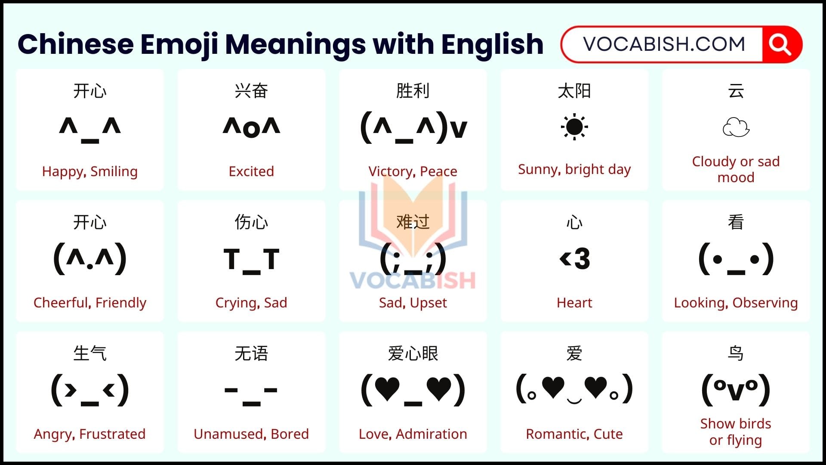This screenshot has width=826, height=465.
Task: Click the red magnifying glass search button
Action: coord(781,44)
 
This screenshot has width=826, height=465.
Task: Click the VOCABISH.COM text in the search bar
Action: coord(664,44)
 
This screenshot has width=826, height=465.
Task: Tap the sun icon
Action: coord(574,127)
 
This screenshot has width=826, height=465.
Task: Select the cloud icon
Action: coord(736,127)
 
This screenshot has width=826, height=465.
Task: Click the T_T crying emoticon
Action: coord(251,260)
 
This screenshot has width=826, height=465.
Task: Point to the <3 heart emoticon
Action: coord(574,258)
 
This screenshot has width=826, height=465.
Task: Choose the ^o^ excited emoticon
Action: coord(251,127)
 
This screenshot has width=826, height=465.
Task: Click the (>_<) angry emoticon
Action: coord(90,390)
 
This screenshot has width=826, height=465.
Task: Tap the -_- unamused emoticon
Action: coord(251,394)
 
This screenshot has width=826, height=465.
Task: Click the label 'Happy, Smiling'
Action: coord(90,171)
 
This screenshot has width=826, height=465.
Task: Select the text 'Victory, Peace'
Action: coord(413,171)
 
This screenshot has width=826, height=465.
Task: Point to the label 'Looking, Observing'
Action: coord(736,303)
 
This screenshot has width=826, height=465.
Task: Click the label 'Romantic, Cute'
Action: coord(574,434)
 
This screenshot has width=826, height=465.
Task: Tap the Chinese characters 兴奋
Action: coord(251,91)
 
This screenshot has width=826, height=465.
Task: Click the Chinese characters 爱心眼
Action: coord(413,353)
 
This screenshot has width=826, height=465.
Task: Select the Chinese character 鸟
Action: coord(736,353)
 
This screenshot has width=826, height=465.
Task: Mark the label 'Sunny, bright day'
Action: coord(574,170)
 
